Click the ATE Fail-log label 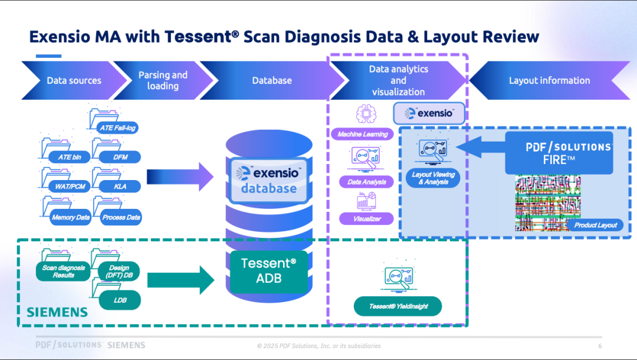(118, 128)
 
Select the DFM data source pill (120, 157)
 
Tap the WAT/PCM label (70, 186)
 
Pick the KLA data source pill (120, 186)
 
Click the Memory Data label (71, 217)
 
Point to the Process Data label (121, 217)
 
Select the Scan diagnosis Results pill (63, 271)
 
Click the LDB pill (120, 300)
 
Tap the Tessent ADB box (269, 271)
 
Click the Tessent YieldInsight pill (398, 306)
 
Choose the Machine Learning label (362, 134)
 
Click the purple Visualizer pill (367, 218)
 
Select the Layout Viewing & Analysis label (433, 178)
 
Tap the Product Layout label (596, 225)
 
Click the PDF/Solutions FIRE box (559, 153)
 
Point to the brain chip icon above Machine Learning (366, 114)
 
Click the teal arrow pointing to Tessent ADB (180, 280)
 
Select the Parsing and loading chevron (163, 80)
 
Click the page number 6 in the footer (600, 346)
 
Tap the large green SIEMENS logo (57, 312)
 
